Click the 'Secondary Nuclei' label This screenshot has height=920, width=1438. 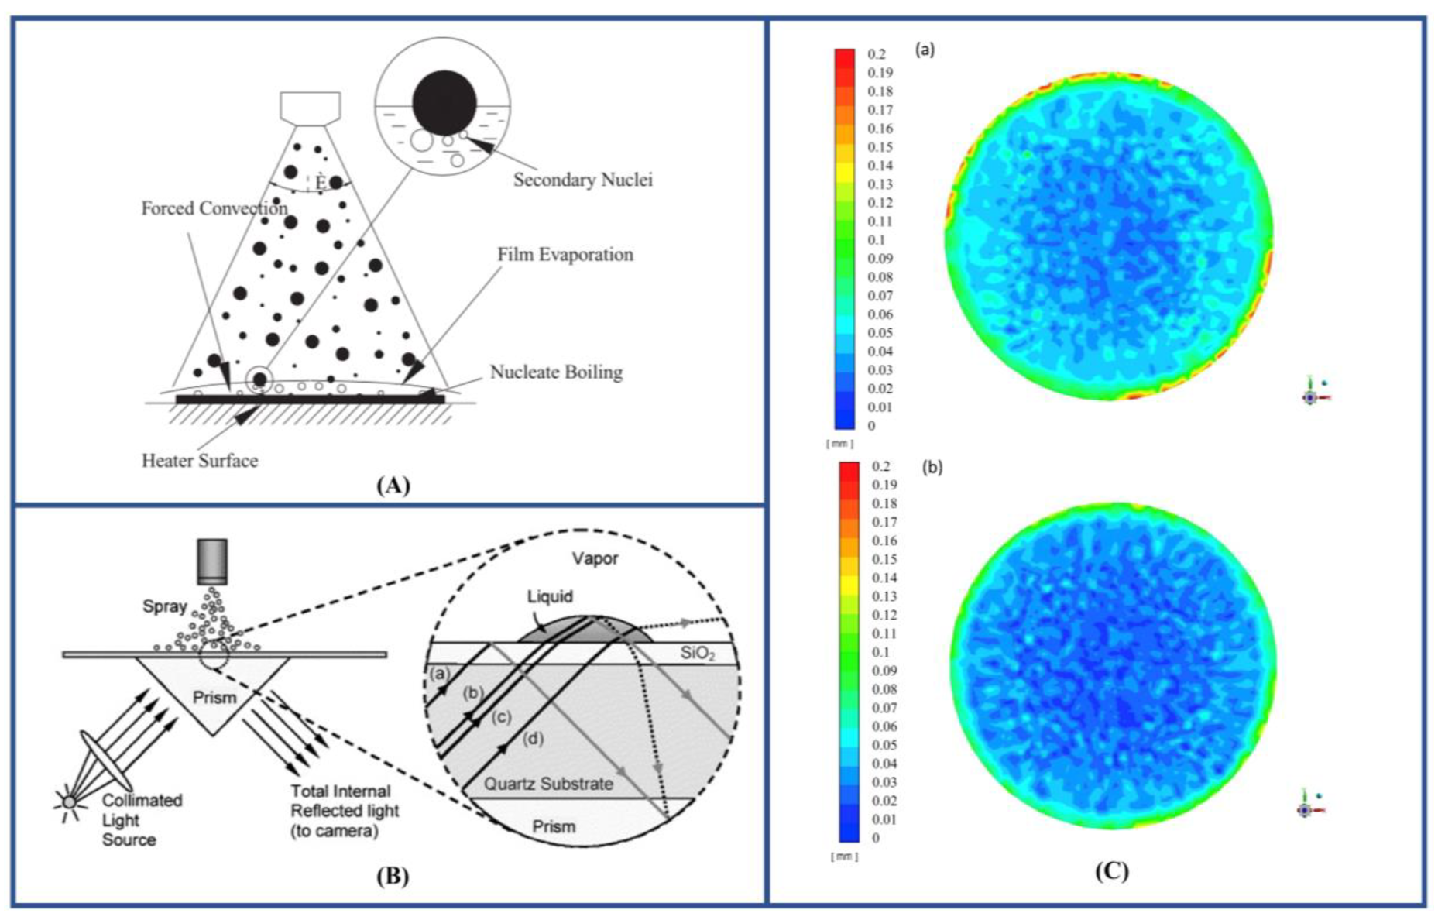point(582,180)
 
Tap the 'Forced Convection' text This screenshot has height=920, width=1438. point(214,208)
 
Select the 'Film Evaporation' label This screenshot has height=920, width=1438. point(565,255)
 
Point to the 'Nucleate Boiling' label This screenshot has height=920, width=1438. point(556,372)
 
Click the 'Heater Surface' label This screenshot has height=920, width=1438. point(199,461)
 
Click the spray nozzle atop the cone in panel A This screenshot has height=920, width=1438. point(310,108)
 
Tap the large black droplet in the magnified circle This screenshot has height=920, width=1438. point(444,102)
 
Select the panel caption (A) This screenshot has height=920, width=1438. point(393,486)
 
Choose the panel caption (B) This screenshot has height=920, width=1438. point(393,876)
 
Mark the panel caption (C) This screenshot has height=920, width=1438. point(1111,871)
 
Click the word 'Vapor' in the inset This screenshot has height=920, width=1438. point(595,558)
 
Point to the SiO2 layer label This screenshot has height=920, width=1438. point(697,654)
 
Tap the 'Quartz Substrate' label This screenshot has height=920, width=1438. point(548,784)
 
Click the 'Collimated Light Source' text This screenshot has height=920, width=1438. point(142,820)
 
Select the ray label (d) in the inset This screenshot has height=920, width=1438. point(533,739)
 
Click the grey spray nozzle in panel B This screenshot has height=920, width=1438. point(211,561)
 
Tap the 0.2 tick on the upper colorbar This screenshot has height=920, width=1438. point(876,54)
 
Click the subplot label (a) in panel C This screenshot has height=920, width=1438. point(925,50)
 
